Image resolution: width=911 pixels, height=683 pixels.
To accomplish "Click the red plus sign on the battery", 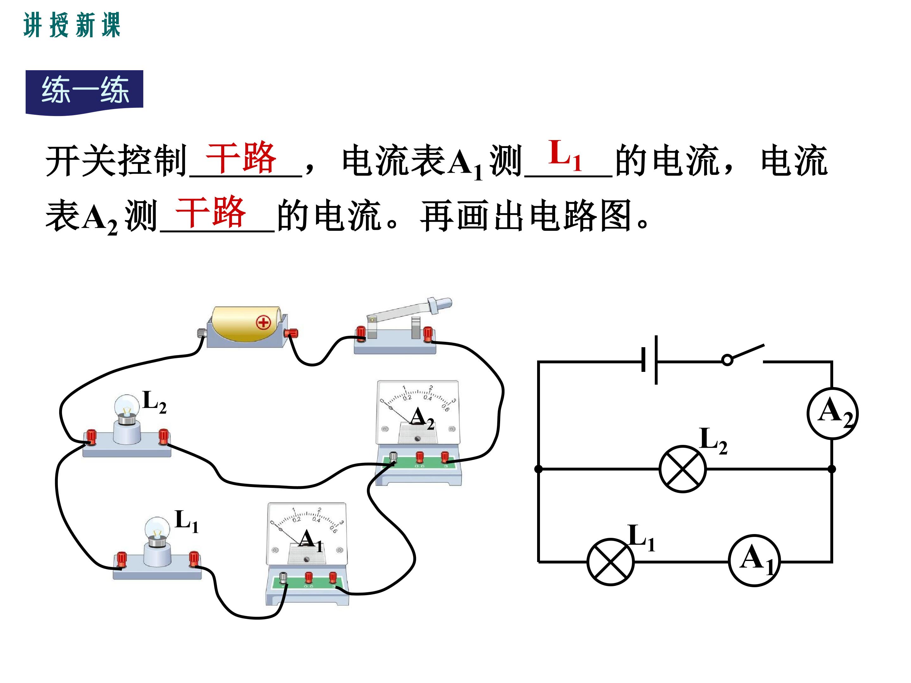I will (263, 322).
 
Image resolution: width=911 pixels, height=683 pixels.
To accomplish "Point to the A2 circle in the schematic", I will (832, 413).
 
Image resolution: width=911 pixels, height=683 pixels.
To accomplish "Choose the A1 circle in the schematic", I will (754, 560).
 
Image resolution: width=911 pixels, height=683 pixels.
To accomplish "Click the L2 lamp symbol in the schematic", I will (682, 469).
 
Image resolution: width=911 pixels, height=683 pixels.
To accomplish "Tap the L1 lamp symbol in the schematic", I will (610, 562).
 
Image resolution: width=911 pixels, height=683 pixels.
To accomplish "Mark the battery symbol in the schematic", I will (649, 360).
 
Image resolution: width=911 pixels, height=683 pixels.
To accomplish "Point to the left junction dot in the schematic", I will (538, 469).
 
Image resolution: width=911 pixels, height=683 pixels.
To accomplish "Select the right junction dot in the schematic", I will (832, 469).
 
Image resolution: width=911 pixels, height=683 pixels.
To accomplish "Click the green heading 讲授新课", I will (72, 25).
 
